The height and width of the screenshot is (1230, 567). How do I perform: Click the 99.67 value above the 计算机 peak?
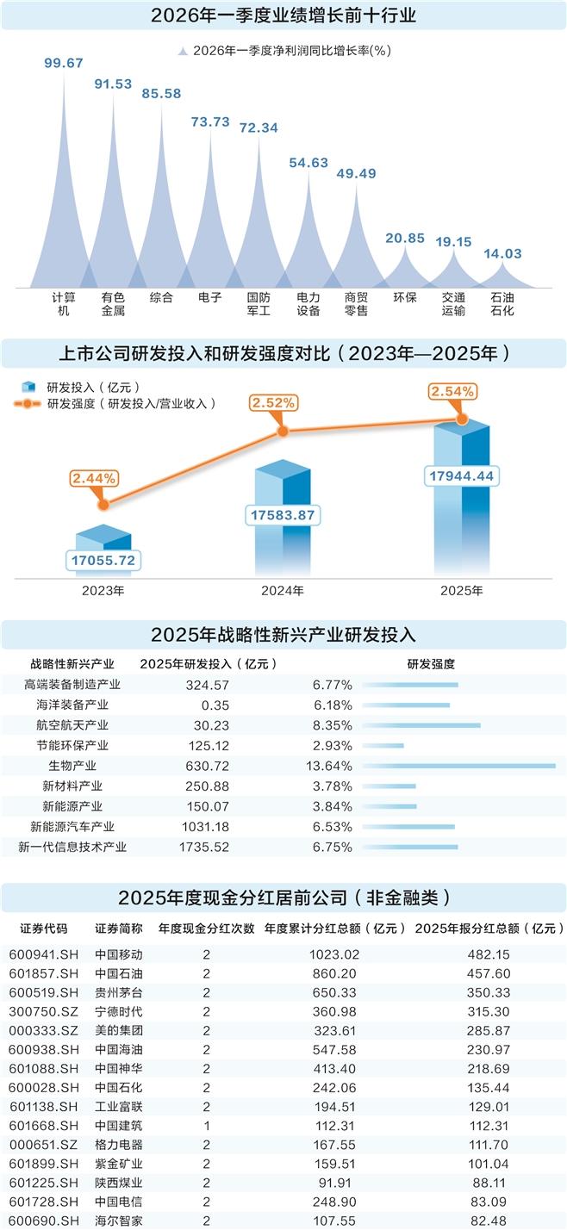(x=63, y=63)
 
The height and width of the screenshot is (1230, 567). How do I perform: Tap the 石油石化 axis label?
(x=502, y=304)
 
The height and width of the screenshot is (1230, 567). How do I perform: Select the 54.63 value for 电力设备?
(x=308, y=162)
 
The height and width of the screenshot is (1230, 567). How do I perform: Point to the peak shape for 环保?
(x=404, y=267)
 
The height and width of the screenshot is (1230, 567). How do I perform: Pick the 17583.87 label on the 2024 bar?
(x=283, y=515)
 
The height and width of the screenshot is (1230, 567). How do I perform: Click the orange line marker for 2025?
(x=461, y=419)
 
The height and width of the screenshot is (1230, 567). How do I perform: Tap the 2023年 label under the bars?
(x=103, y=591)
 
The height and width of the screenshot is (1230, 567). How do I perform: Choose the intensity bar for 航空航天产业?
(x=421, y=725)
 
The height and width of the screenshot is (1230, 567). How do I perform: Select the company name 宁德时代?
(x=119, y=1011)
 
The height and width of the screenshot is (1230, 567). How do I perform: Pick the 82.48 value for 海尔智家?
(x=489, y=1221)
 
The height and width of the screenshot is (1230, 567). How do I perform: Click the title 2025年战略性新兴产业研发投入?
(x=283, y=636)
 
